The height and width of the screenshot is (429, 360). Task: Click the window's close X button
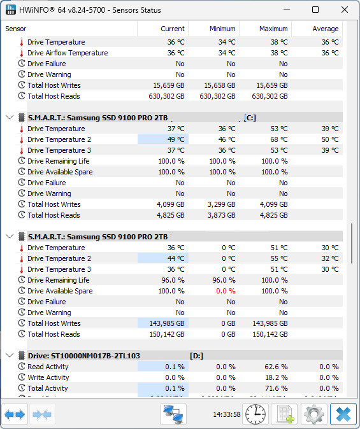pyautogui.click(x=345, y=10)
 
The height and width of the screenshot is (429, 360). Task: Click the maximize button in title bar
pyautogui.click(x=315, y=10)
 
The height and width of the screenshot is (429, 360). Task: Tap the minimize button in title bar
pyautogui.click(x=286, y=10)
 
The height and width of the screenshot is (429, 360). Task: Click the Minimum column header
pyautogui.click(x=222, y=29)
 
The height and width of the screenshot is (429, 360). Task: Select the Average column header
pyautogui.click(x=325, y=29)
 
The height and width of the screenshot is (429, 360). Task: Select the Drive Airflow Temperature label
pyautogui.click(x=68, y=53)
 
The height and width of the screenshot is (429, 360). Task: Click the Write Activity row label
pyautogui.click(x=48, y=377)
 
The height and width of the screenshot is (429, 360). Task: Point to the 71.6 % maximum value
pyautogui.click(x=275, y=388)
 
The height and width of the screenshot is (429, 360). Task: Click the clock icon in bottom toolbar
pyautogui.click(x=256, y=414)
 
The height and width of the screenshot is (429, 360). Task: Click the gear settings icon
pyautogui.click(x=313, y=414)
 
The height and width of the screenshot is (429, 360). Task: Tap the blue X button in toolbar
pyautogui.click(x=343, y=414)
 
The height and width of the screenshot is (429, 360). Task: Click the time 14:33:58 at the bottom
pyautogui.click(x=227, y=414)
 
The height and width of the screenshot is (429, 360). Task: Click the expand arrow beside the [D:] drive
pyautogui.click(x=10, y=356)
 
